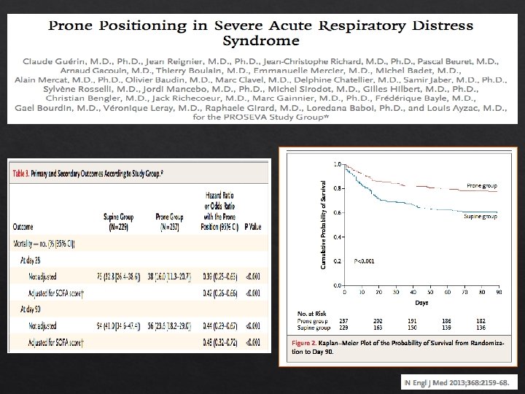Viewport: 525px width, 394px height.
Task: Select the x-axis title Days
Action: click(421, 301)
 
